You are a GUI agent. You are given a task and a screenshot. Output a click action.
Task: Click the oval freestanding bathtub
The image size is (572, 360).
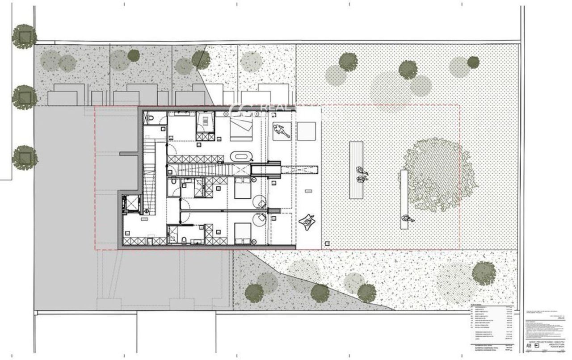tap(241, 157)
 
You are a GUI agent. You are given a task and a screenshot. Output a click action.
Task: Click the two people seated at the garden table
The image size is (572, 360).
tap(360, 175)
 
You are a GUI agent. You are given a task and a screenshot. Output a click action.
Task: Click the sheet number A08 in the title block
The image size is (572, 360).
tap(530, 345)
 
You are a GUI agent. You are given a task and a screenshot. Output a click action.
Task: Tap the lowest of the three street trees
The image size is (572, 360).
tap(25, 157)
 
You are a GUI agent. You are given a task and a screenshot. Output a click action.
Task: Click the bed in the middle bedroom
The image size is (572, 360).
tap(242, 189)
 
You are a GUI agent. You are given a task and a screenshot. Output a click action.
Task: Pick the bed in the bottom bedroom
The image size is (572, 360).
tap(243, 232)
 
